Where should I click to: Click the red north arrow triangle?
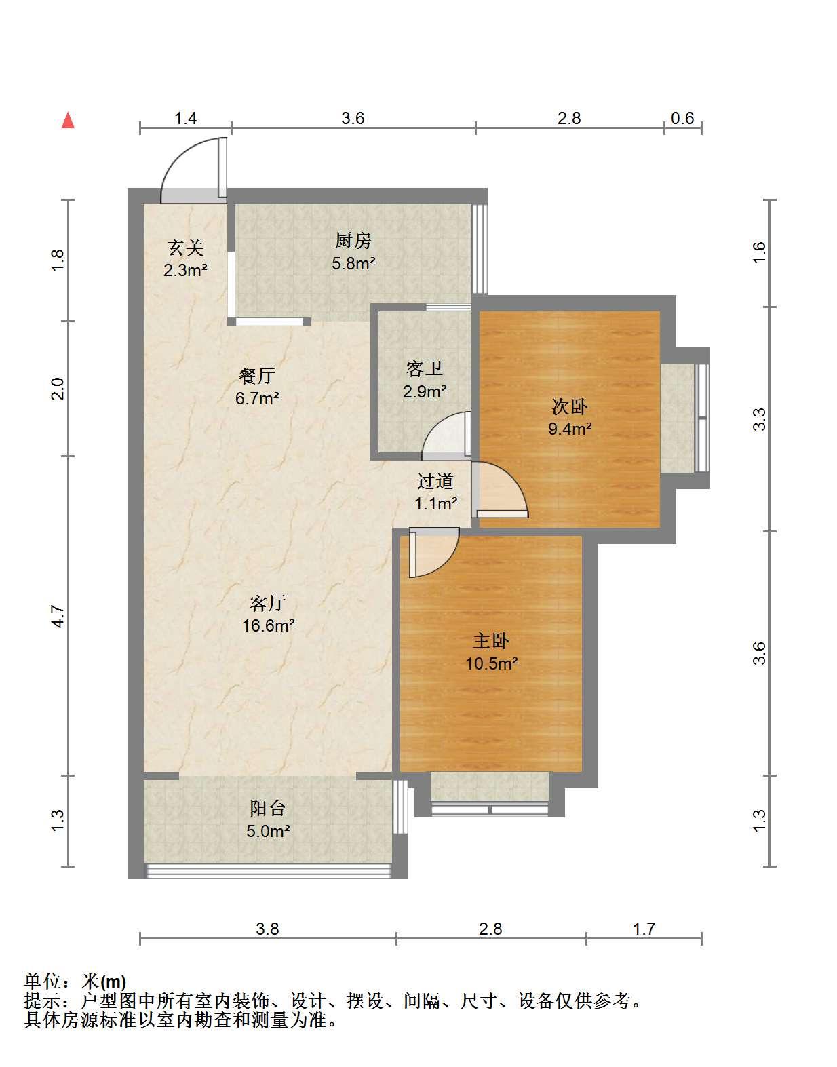coord(68,121)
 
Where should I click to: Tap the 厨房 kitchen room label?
coord(353,241)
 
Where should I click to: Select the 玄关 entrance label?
coord(186,248)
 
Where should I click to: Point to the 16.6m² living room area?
coord(268,625)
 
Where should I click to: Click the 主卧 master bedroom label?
coord(491,641)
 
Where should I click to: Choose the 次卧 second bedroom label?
coord(570,406)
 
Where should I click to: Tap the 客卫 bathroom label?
coord(424,369)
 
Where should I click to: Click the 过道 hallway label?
coord(435,481)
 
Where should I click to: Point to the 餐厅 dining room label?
coord(257,376)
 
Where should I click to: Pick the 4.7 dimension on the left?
coord(58,617)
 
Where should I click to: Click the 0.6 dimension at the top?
coord(682,118)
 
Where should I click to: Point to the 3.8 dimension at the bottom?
coord(267,929)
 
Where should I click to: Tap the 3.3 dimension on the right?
coord(759,419)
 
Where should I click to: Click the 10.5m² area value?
coord(491,664)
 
